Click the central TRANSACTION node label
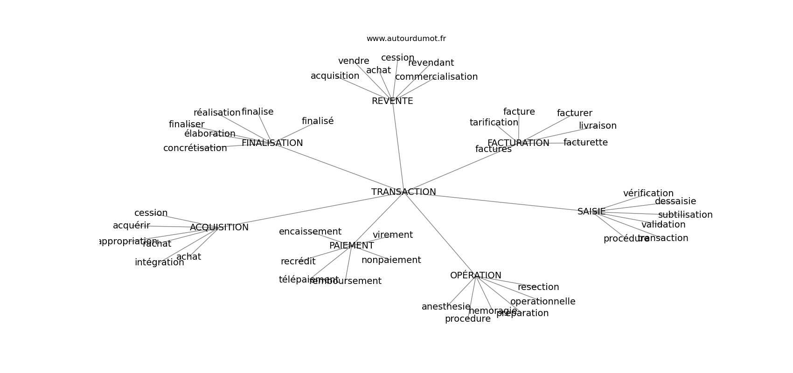pos(403,192)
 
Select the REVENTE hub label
pos(392,101)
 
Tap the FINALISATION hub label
pos(272,143)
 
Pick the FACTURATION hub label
pos(518,143)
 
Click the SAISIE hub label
pos(591,212)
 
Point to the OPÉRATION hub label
pos(475,276)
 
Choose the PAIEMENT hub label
pos(351,246)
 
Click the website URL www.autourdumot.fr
pos(406,39)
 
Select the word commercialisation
pos(436,77)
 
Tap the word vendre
pos(354,61)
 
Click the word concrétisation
pos(195,148)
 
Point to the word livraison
pos(598,126)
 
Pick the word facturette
pos(585,143)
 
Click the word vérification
pos(648,193)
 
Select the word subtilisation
pos(685,215)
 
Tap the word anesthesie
pos(446,307)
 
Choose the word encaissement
pos(310,232)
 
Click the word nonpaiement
pos(391,260)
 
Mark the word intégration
pos(159,262)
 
